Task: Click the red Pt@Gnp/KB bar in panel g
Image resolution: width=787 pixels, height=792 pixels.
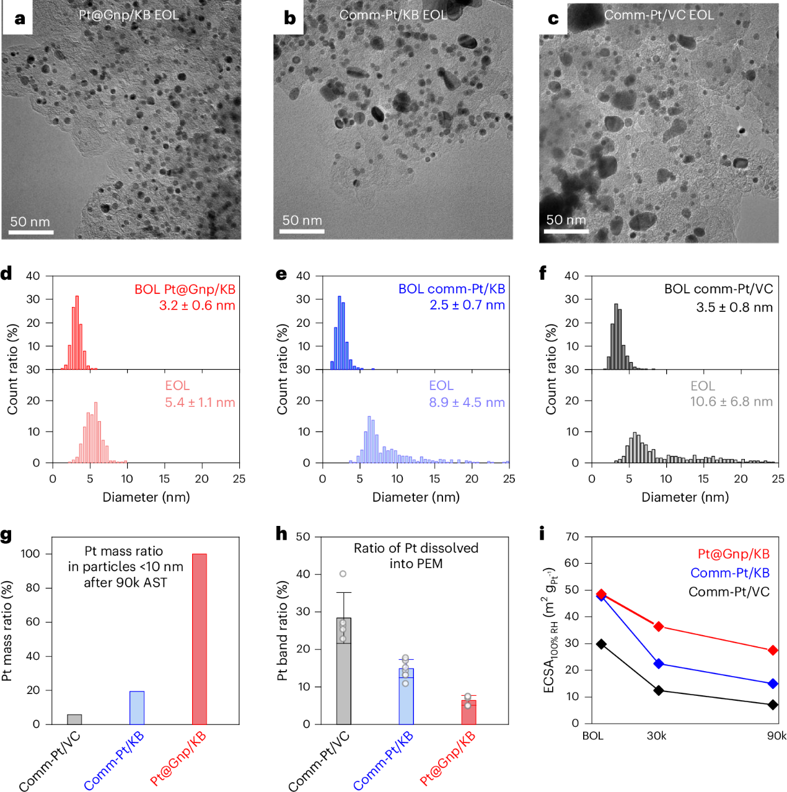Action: pyautogui.click(x=199, y=639)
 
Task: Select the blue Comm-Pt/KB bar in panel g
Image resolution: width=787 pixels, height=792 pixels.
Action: pyautogui.click(x=136, y=708)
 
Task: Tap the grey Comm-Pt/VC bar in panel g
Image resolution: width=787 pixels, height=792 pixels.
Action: pyautogui.click(x=74, y=719)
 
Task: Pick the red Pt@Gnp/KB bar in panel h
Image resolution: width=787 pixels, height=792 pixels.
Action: pyautogui.click(x=468, y=712)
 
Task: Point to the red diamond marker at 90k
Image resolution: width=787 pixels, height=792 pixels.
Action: pyautogui.click(x=773, y=650)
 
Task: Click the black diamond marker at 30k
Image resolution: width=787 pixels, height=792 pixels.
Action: pyautogui.click(x=658, y=690)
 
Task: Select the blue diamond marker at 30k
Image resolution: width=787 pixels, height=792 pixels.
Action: pyautogui.click(x=658, y=664)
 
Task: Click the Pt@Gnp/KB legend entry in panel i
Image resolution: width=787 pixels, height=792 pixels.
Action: pyautogui.click(x=733, y=554)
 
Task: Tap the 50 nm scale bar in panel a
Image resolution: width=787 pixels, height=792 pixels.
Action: pyautogui.click(x=31, y=233)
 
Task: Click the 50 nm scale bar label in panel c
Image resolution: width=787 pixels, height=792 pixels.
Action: pyautogui.click(x=565, y=220)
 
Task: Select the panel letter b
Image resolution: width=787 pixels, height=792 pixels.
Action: pyautogui.click(x=289, y=18)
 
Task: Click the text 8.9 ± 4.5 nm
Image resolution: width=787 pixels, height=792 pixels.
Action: pyautogui.click(x=467, y=403)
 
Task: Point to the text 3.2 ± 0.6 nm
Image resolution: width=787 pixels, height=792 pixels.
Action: pyautogui.click(x=197, y=305)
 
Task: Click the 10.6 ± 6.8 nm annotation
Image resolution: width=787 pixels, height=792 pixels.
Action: pyautogui.click(x=731, y=402)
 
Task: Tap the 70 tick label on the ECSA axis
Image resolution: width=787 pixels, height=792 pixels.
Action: pyautogui.click(x=572, y=536)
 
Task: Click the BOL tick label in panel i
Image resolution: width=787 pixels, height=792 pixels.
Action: pyautogui.click(x=592, y=736)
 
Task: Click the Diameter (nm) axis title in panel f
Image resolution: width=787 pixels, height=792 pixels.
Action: pyautogui.click(x=685, y=497)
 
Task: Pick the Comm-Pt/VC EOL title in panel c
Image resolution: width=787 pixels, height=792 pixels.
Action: pyautogui.click(x=659, y=15)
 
